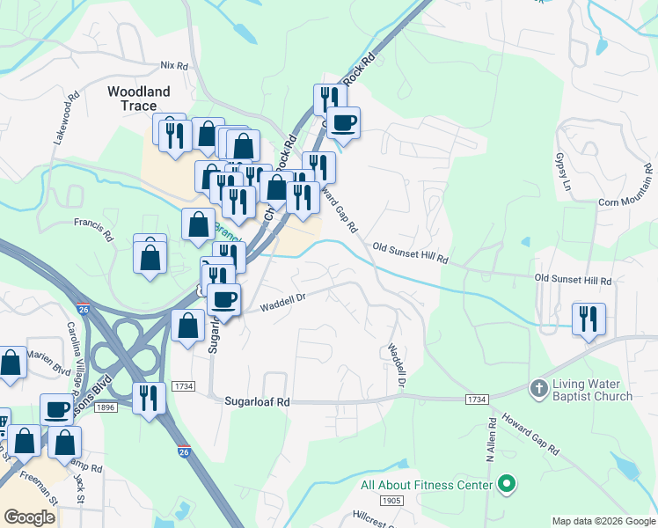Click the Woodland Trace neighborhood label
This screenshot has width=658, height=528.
138,98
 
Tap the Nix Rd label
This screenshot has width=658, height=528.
175,66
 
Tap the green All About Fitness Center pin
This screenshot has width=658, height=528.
506,483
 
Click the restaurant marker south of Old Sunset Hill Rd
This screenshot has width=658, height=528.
588,319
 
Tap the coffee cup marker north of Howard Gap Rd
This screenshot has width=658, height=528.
343,122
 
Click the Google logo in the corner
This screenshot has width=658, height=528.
30,517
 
